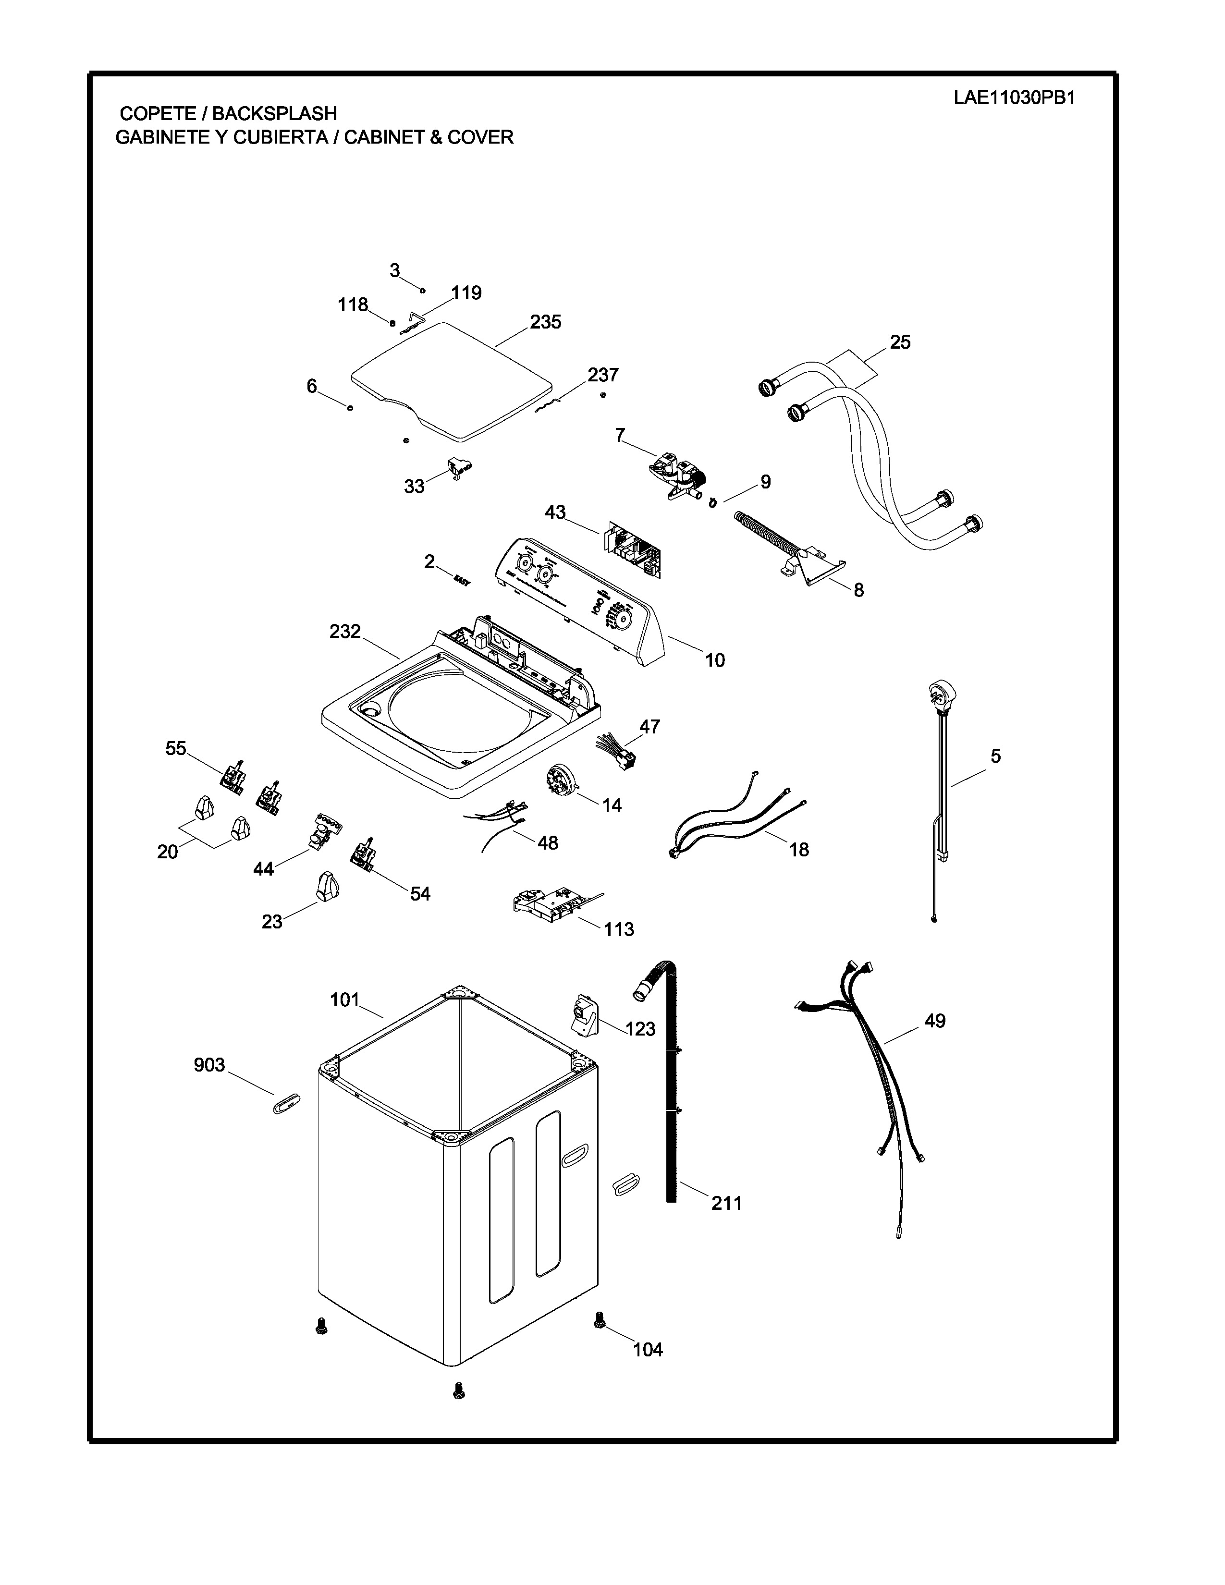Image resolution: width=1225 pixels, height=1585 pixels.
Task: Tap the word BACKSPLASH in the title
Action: coord(274,114)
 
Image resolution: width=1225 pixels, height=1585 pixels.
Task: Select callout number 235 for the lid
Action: coord(545,321)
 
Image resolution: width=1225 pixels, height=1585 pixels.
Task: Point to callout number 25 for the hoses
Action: coord(900,342)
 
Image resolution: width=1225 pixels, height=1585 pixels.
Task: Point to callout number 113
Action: coord(618,929)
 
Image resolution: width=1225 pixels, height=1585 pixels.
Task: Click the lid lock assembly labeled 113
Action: coord(550,903)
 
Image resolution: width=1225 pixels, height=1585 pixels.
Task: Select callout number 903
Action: coord(209,1065)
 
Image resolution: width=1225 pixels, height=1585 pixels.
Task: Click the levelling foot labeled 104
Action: coord(600,1319)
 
